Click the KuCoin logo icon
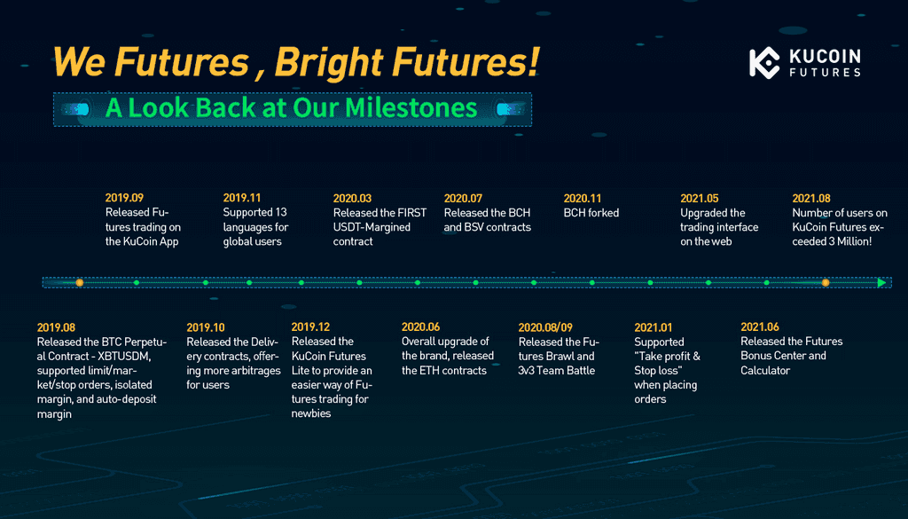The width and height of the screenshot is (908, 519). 764,63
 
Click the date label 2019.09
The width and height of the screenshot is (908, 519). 124,198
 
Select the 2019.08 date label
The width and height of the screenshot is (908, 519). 56,328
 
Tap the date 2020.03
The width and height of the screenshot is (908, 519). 352,199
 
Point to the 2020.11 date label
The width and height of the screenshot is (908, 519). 583,199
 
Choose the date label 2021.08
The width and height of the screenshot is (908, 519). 811,199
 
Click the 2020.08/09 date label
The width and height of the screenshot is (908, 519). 545,328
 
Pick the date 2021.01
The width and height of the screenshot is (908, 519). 654,328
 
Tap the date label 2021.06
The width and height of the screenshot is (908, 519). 760,327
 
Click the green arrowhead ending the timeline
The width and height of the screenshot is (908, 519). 881,283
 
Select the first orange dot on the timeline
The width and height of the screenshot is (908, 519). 79,283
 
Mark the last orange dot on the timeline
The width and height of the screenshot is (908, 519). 826,283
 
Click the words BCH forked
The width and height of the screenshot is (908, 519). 591,213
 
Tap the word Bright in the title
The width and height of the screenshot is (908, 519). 328,62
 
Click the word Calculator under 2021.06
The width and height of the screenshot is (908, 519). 765,371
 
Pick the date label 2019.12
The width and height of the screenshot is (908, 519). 310,327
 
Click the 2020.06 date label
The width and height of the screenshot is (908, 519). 421,327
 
